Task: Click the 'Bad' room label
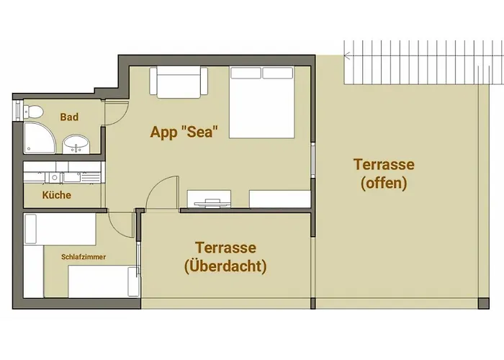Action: (69, 117)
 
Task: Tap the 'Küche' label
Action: (57, 195)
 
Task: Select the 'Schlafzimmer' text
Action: (84, 257)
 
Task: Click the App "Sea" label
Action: (184, 132)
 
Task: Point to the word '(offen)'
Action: (384, 183)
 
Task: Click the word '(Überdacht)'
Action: (225, 266)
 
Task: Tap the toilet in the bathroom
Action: (33, 112)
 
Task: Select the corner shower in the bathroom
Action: (40, 138)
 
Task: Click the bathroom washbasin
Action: (76, 144)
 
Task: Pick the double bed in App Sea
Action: (262, 102)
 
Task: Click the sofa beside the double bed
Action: (179, 82)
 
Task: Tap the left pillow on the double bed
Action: (246, 73)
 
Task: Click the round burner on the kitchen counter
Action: (55, 177)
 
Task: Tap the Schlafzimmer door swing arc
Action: (117, 229)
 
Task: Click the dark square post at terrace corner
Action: (483, 303)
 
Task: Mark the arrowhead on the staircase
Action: (347, 56)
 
